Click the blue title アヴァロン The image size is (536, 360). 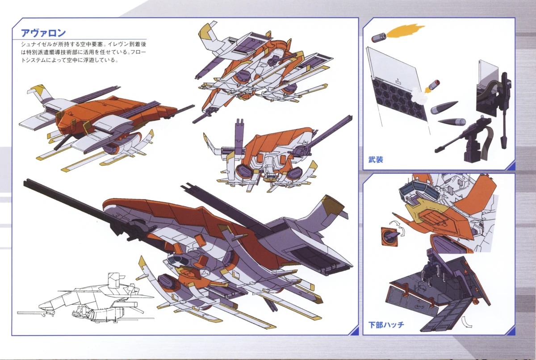point(43,33)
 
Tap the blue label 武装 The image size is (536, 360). point(376,159)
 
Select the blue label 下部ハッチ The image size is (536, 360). point(386,324)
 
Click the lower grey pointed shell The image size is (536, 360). point(452,121)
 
